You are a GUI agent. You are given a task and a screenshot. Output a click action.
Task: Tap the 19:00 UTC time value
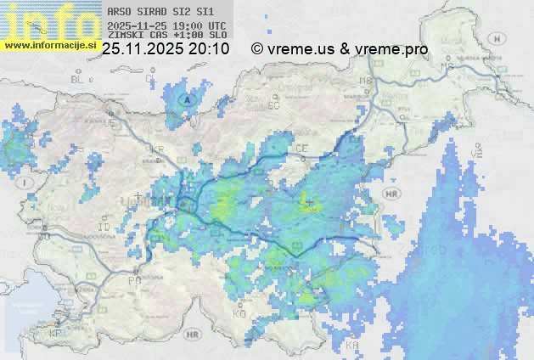coord(201,25)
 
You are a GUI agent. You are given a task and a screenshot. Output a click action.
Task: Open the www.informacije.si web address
coord(50,44)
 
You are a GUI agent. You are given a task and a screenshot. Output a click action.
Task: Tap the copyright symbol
coord(257,49)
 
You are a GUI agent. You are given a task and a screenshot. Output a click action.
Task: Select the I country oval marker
coord(27,183)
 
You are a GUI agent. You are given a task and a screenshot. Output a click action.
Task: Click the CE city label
coord(301,149)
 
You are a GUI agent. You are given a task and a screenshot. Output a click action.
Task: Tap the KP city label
coord(56,334)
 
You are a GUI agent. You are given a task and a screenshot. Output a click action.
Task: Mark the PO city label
coord(132,279)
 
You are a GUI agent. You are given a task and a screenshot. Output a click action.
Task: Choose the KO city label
coord(239,314)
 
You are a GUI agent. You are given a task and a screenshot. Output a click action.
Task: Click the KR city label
coord(156,149)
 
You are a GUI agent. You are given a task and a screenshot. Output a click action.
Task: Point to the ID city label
coord(104,228)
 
